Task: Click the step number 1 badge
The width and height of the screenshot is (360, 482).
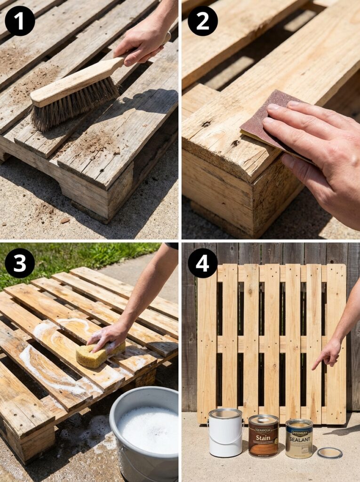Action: (x=20, y=21)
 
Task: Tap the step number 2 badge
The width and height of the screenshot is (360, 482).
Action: (x=202, y=21)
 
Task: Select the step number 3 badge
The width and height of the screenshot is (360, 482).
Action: (x=20, y=263)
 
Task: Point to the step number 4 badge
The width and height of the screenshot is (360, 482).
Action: (x=202, y=263)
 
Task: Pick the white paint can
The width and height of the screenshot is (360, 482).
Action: (x=225, y=433)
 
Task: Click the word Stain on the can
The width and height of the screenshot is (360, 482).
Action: (x=264, y=438)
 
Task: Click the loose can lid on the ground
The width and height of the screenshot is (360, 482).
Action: (x=329, y=453)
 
